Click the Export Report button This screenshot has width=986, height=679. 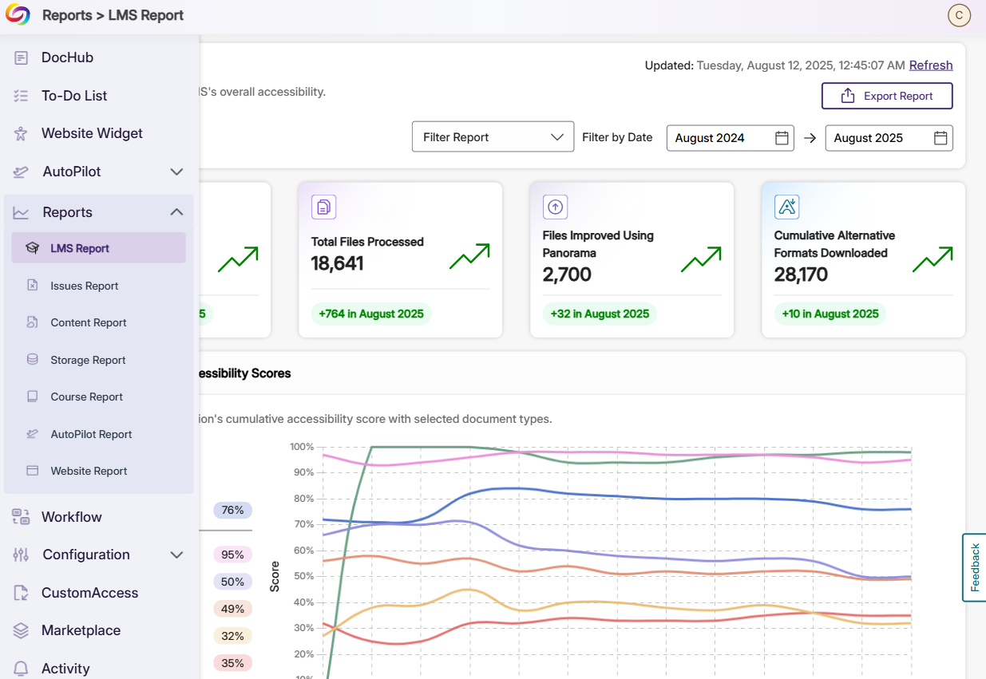887,96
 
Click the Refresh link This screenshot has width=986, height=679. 930,65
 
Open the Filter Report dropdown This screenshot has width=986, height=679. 493,137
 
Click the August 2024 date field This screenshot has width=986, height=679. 719,138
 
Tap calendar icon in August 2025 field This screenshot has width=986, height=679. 940,138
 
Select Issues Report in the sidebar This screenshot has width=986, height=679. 85,286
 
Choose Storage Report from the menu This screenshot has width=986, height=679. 88,360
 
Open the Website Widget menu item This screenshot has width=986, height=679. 92,133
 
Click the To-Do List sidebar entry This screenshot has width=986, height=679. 74,96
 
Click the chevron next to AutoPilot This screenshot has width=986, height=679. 177,172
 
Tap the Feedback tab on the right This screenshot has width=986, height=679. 974,567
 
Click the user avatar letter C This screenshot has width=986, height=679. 958,15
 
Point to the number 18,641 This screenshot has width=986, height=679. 337,263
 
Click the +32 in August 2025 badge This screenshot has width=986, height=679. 600,314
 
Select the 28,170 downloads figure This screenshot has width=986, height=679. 801,274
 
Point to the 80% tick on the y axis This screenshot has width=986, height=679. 303,499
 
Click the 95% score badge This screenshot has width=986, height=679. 232,555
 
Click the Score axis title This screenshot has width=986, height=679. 275,576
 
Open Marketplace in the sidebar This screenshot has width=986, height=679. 81,630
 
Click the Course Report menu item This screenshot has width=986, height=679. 86,397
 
